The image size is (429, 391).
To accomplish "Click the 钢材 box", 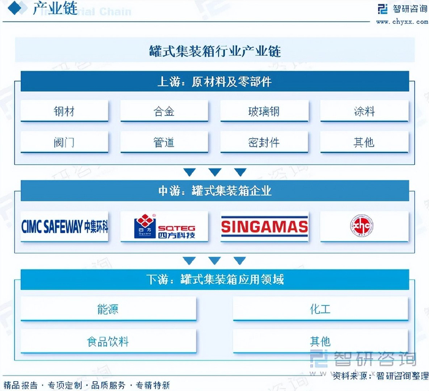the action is tap(64, 112).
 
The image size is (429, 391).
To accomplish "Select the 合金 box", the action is tap(164, 112).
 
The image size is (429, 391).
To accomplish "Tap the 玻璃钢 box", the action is tap(264, 112).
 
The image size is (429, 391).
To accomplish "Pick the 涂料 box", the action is tap(364, 112).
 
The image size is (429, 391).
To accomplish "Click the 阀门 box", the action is tap(64, 143).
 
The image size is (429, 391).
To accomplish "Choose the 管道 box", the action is tap(164, 143).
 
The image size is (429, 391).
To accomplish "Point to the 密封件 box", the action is tap(264, 143).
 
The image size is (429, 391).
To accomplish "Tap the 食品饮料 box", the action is tap(108, 341).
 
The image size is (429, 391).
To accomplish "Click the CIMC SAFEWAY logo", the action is tap(64, 227).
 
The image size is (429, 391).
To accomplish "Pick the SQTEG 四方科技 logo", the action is tap(164, 227).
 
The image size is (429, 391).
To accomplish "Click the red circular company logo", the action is tap(362, 226).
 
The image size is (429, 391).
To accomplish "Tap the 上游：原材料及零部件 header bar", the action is tap(214, 82).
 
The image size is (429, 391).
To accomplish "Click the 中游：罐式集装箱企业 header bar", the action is tap(214, 191).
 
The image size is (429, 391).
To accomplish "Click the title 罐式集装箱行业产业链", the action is tap(214, 51).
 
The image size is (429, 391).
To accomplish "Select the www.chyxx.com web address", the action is tap(401, 22).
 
